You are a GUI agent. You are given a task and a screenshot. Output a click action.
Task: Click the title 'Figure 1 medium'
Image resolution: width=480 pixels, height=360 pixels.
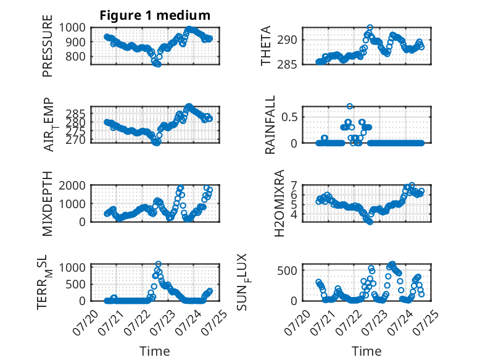[x=155, y=15]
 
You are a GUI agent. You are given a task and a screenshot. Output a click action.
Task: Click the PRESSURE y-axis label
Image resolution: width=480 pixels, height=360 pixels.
[x=48, y=46]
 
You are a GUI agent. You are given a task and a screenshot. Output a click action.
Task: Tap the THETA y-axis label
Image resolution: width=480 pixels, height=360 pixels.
[x=266, y=46]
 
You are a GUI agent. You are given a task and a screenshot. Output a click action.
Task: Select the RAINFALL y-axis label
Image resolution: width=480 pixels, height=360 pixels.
[x=270, y=125]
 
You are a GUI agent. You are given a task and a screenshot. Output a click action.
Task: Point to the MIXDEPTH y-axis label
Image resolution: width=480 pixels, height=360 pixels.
[x=48, y=203]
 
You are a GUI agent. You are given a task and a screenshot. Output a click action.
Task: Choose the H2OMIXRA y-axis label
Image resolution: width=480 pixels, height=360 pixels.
[x=279, y=203]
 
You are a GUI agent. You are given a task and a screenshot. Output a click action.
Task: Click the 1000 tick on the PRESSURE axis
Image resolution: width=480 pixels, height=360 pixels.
[x=72, y=28]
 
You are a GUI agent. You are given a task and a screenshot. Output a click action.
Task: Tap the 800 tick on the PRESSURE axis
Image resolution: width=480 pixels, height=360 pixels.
[x=76, y=56]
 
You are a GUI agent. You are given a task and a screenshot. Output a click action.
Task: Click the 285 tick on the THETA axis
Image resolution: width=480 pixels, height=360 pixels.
[x=287, y=65]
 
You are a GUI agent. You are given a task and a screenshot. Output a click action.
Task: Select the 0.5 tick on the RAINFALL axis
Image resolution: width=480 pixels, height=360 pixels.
[x=289, y=117]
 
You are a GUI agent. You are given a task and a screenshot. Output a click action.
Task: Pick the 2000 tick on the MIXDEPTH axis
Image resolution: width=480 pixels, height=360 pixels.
[x=72, y=185]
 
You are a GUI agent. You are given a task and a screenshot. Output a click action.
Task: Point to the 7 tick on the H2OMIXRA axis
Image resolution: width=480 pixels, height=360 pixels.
[x=294, y=185]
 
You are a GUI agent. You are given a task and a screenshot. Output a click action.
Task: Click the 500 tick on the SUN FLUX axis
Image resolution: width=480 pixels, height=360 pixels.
[x=287, y=270]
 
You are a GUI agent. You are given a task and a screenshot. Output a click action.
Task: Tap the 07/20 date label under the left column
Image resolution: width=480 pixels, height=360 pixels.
[x=85, y=322]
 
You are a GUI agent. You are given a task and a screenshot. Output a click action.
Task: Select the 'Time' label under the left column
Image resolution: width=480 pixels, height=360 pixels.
[x=155, y=351]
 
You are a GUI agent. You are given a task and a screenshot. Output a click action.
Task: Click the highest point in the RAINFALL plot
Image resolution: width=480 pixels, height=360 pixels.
[x=350, y=106]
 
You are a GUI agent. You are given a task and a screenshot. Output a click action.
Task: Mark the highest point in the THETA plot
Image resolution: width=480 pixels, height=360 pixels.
[x=370, y=28]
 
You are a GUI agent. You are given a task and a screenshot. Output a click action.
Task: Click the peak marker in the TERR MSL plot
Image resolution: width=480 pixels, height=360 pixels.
[x=159, y=264]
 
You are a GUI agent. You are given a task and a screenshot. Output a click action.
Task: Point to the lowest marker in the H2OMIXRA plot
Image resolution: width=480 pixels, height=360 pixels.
[x=370, y=222]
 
